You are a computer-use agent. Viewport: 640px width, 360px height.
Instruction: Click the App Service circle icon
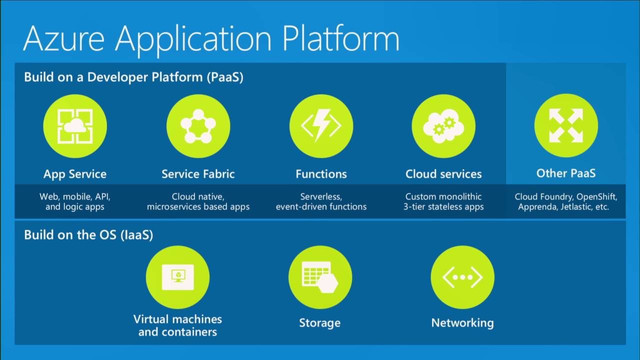[x=75, y=126]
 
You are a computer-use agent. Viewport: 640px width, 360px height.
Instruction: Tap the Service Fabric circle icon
[x=198, y=126]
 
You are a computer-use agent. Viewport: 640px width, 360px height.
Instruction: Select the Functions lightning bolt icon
[x=321, y=126]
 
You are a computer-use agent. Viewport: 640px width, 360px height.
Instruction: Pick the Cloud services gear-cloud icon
[x=443, y=126]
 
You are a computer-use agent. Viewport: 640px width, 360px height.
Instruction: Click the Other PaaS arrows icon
[x=566, y=125]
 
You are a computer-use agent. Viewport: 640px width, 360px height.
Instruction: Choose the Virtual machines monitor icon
[x=177, y=277]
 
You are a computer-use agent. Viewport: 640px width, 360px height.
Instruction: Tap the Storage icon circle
[x=320, y=277]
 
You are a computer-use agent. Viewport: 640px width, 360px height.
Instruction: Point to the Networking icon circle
[x=462, y=277]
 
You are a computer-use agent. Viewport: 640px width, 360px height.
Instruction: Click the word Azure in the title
[x=65, y=38]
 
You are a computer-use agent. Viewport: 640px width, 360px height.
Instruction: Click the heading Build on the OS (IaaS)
[x=88, y=234]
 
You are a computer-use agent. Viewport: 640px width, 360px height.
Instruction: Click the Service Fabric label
[x=198, y=174]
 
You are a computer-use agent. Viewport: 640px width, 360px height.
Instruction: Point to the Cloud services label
[x=443, y=174]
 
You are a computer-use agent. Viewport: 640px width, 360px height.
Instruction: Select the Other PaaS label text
[x=566, y=173]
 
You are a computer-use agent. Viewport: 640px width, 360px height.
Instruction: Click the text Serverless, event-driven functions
[x=321, y=201]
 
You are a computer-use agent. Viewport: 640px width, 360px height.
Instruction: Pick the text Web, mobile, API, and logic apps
[x=75, y=201]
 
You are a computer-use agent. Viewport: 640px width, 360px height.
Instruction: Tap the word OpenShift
[x=600, y=196]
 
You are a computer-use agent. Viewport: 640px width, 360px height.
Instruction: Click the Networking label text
[x=462, y=323]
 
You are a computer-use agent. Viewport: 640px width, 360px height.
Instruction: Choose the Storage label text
[x=320, y=323]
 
